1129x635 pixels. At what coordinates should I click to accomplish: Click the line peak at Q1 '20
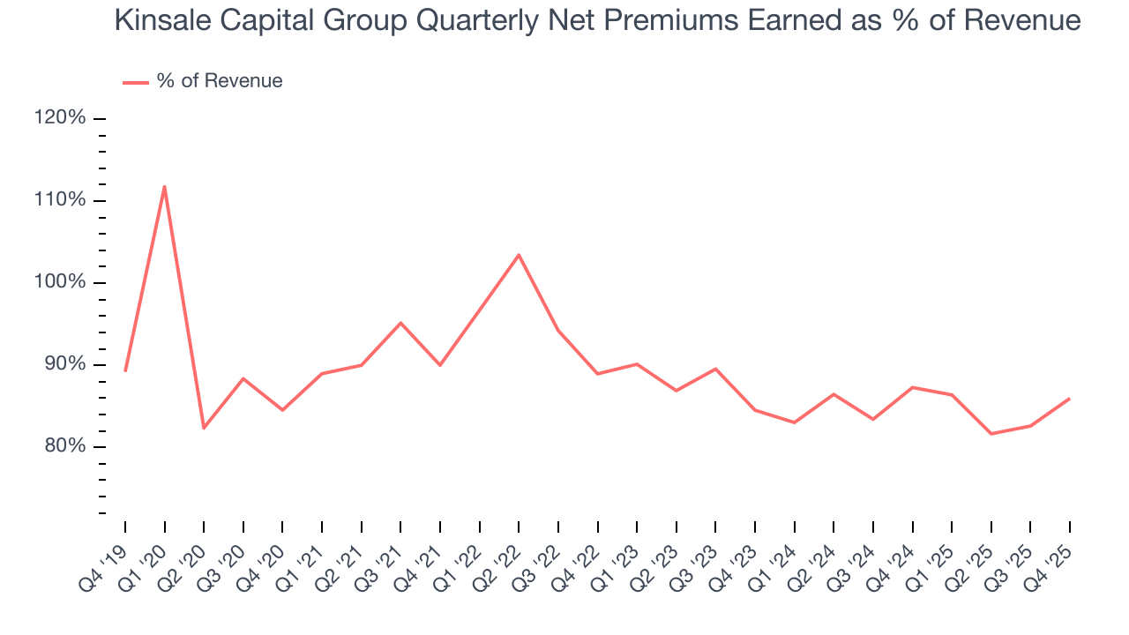point(164,186)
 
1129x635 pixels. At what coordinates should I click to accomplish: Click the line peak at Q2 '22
point(519,255)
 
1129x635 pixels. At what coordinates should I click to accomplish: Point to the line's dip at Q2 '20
point(204,428)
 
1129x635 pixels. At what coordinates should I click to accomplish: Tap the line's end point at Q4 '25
point(1069,399)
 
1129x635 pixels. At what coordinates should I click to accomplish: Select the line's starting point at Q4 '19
point(125,370)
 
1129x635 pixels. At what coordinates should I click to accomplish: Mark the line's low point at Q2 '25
point(991,433)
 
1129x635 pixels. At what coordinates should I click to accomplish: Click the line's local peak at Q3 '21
point(400,323)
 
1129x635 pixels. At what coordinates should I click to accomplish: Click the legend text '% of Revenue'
point(220,81)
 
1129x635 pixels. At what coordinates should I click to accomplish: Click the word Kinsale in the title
point(163,21)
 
